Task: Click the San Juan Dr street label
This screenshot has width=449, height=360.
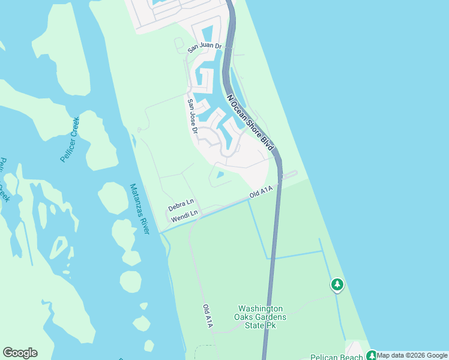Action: [205, 46]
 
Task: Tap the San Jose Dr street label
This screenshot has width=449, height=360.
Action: [192, 116]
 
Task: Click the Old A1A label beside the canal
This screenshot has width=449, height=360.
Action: [262, 193]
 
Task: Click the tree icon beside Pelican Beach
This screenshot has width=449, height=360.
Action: [371, 355]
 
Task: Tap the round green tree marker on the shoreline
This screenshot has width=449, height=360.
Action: [337, 284]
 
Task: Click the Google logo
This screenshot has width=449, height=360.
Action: [20, 353]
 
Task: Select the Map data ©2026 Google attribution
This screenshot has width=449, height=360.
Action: [412, 355]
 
